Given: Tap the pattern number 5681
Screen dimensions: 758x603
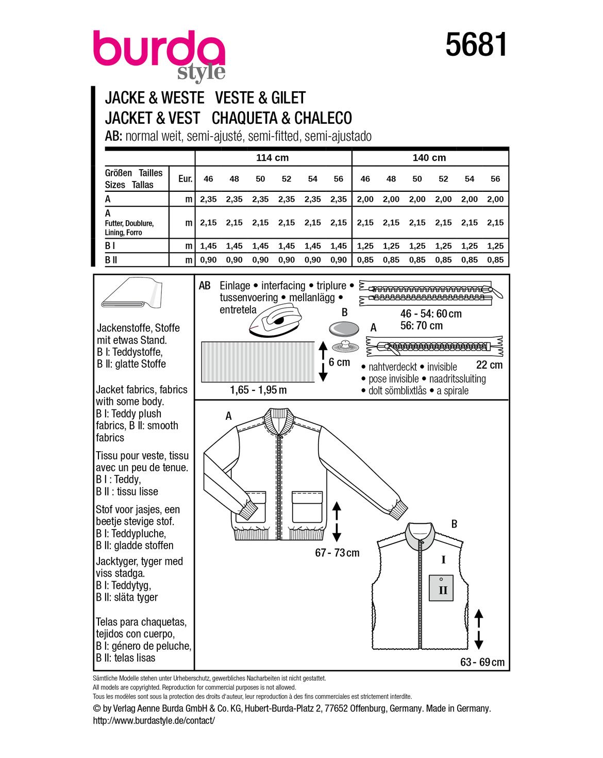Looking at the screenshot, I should (x=476, y=45).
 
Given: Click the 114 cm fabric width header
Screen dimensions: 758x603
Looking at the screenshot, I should (x=272, y=158).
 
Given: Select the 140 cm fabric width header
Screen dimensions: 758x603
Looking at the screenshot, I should (x=429, y=158).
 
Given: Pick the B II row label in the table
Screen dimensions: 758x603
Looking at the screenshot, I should (x=111, y=260).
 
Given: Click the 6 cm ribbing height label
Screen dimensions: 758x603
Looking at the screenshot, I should (x=339, y=362).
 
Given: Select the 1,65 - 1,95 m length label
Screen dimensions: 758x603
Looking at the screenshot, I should (x=258, y=390).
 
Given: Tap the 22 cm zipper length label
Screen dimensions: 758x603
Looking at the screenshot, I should (x=489, y=365).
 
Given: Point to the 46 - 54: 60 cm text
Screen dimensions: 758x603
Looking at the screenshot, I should (x=431, y=314).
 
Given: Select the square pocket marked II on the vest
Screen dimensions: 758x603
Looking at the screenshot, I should (x=442, y=588).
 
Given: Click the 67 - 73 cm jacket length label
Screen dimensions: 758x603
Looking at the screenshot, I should (x=337, y=553).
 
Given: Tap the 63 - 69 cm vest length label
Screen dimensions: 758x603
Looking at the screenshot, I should (x=482, y=662).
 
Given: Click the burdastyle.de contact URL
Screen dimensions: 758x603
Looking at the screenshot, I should (x=154, y=720).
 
